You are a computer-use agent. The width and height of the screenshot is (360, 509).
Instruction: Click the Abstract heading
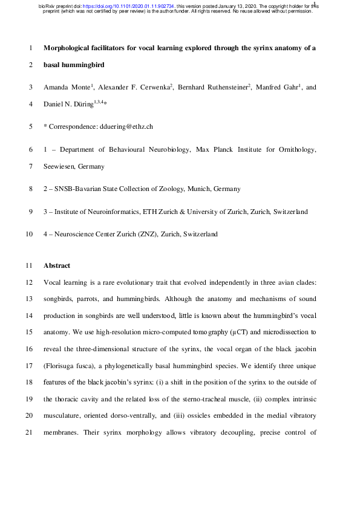tap(57, 265)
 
